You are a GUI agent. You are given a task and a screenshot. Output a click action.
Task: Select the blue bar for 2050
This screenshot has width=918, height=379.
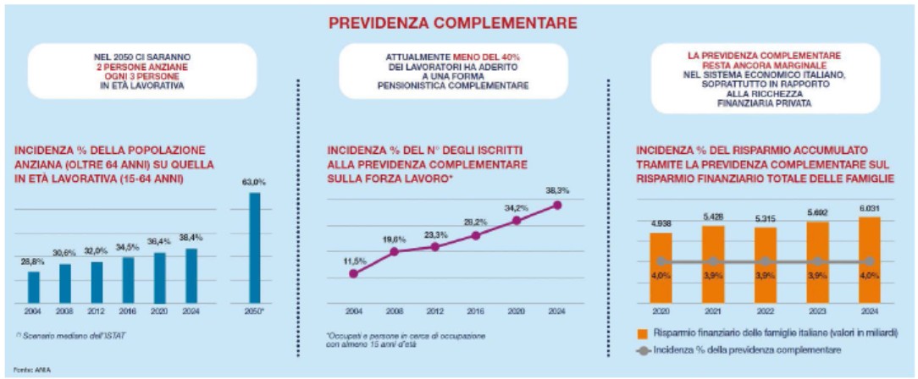coord(254,247)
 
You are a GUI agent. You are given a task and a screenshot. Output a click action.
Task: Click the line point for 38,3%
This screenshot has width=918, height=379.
coord(556,204)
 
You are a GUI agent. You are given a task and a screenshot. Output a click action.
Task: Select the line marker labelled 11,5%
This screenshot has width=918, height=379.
coord(353,273)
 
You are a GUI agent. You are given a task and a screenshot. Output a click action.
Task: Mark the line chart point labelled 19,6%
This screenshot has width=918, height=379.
coord(394,251)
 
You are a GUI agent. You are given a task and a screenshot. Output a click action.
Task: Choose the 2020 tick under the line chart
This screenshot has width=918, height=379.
coord(516,310)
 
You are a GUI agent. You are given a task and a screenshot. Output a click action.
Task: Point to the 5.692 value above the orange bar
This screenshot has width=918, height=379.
coord(818,212)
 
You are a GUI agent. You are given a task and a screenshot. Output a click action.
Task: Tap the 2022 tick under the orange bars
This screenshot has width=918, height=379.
coord(766,310)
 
